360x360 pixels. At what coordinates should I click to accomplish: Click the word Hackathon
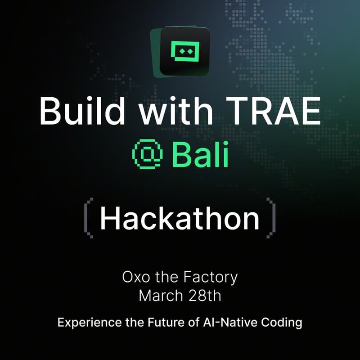click(180, 218)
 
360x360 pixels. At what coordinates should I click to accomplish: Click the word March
click(158, 296)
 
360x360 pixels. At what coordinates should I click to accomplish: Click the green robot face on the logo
click(185, 52)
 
